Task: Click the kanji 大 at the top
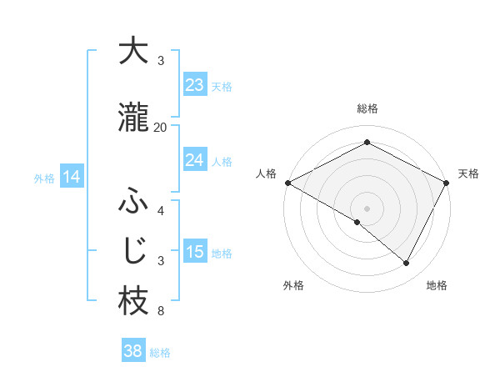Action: pos(133,51)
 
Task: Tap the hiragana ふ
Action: pos(133,203)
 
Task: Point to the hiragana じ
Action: pos(133,251)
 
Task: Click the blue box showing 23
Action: pos(195,85)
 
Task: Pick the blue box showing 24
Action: pos(195,160)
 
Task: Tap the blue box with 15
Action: pos(195,252)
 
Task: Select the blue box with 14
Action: pos(72,177)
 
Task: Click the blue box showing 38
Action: pos(133,351)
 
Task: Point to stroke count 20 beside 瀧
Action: pos(161,127)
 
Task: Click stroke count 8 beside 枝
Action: pos(161,312)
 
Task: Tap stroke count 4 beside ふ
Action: pos(161,210)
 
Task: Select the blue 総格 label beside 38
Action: pos(160,353)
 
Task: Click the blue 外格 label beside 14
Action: pos(44,178)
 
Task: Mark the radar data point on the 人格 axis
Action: pos(287,183)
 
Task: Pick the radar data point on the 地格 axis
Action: pos(407,264)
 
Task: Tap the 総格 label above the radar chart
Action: pos(367,108)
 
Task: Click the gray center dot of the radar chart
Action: pos(367,208)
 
